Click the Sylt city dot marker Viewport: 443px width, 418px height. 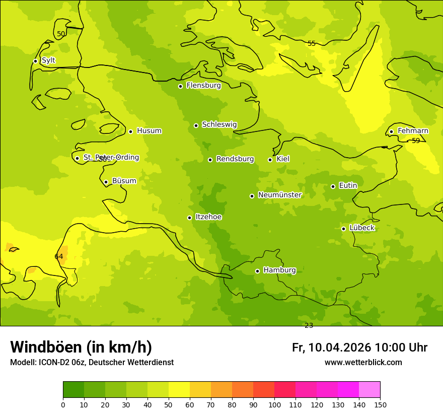pyautogui.click(x=35, y=61)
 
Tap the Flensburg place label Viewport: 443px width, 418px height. pyautogui.click(x=203, y=86)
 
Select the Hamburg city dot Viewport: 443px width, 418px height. pyautogui.click(x=257, y=271)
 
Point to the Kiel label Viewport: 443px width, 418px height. pyautogui.click(x=283, y=159)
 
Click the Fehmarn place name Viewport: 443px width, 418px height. pyautogui.click(x=413, y=131)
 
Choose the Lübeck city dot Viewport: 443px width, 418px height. pyautogui.click(x=343, y=229)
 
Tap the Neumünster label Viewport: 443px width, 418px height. pyautogui.click(x=279, y=195)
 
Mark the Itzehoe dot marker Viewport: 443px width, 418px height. pyautogui.click(x=189, y=218)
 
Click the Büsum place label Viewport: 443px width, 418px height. pyautogui.click(x=124, y=181)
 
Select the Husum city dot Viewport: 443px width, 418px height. pyautogui.click(x=130, y=131)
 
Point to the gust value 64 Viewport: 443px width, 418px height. pyautogui.click(x=59, y=257)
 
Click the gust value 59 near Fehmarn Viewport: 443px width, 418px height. pyautogui.click(x=416, y=141)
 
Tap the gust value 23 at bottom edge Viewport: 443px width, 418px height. pyautogui.click(x=309, y=326)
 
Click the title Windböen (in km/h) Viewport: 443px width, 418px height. pyautogui.click(x=81, y=347)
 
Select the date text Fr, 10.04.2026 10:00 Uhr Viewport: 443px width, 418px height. pyautogui.click(x=359, y=347)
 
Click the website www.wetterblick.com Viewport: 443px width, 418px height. pyautogui.click(x=363, y=363)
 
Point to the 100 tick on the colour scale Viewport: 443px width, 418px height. pyautogui.click(x=274, y=404)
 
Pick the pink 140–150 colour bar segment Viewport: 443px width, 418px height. pyautogui.click(x=370, y=390)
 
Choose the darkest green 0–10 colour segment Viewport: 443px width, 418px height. pyautogui.click(x=73, y=390)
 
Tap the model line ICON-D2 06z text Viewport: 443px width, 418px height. pyautogui.click(x=92, y=363)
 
